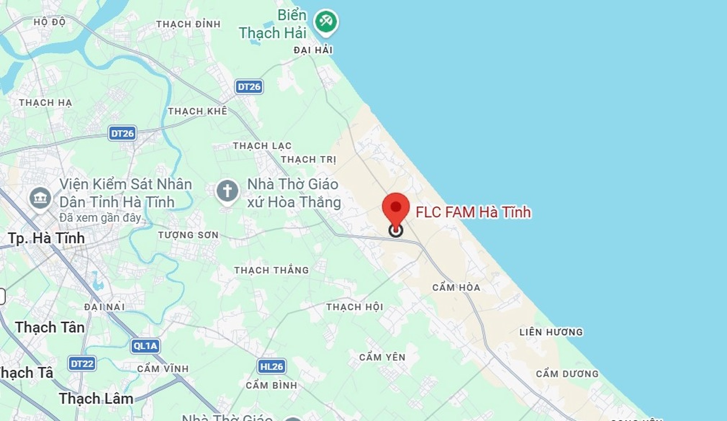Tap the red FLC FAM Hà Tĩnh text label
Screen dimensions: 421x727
click(473, 212)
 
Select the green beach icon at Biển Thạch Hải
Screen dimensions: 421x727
click(326, 22)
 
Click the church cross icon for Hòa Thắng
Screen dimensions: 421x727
click(227, 191)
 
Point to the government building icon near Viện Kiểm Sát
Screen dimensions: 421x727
click(41, 197)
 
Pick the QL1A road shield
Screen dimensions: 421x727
click(145, 346)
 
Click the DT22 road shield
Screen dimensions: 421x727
click(82, 364)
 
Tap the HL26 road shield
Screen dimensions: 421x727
click(271, 366)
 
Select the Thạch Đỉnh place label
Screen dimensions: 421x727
click(188, 24)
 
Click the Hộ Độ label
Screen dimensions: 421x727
click(50, 22)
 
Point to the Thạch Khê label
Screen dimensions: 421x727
click(198, 111)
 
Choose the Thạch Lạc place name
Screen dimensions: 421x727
click(262, 146)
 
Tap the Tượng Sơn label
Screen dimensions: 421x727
click(188, 235)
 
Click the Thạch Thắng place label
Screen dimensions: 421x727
click(271, 270)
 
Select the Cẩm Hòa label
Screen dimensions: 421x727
click(456, 288)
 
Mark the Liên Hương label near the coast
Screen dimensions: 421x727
click(551, 332)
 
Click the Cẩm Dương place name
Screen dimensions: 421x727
click(567, 374)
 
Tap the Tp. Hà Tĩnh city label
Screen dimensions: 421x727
click(46, 239)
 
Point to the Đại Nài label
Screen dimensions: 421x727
click(104, 307)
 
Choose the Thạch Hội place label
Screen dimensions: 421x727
click(355, 307)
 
